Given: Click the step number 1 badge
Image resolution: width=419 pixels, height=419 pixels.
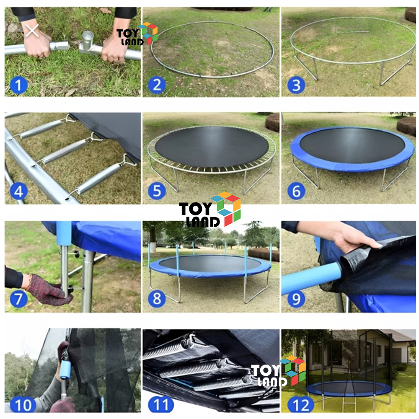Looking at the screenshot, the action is point(18,85).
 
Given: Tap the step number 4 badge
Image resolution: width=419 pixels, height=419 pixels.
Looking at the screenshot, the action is point(18,191).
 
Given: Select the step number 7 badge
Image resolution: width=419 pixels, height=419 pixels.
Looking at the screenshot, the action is point(18,298).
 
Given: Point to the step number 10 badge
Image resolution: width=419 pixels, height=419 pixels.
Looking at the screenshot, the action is point(23,405).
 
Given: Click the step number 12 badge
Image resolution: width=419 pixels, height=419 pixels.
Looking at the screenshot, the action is point(301,405).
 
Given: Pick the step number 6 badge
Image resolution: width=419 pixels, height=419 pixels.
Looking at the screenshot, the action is point(296,191).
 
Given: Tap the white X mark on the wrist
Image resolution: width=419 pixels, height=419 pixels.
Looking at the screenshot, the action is point(32,31).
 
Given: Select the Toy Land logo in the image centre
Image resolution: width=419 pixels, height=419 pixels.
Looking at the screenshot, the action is point(210,209).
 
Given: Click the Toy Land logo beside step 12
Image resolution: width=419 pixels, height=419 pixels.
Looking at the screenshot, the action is point(278,371).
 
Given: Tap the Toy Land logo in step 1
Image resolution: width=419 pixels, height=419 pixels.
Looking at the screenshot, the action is point(137,34).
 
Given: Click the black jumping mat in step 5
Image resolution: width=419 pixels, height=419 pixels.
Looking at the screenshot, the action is point(212,147).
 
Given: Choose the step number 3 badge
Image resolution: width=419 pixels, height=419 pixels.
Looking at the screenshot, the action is point(296,85).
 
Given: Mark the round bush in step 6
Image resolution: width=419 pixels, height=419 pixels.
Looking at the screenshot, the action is point(406,127).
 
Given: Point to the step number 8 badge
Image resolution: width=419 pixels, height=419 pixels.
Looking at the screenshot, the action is point(157,298).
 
